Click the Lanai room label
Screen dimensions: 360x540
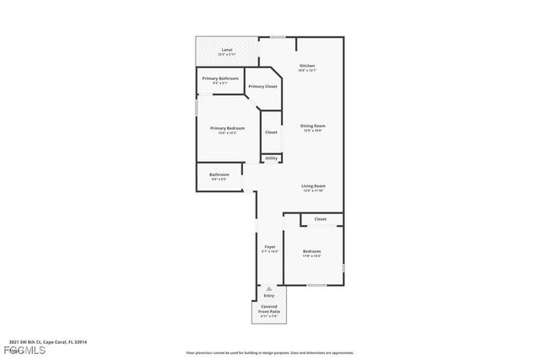click(x=226, y=51)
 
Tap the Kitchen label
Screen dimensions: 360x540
click(x=307, y=66)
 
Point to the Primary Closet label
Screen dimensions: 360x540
click(x=262, y=86)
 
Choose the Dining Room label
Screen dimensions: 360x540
click(x=312, y=126)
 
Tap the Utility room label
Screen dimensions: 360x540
click(x=271, y=158)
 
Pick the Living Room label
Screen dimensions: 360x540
click(x=314, y=185)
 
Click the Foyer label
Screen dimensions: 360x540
click(x=269, y=247)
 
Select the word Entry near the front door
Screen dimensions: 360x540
click(x=269, y=296)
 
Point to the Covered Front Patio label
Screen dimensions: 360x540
click(x=270, y=309)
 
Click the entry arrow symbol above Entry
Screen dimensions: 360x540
click(x=269, y=288)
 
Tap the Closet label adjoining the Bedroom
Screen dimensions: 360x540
click(x=321, y=219)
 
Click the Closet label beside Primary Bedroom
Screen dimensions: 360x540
click(x=271, y=132)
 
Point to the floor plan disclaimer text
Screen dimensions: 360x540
click(x=269, y=352)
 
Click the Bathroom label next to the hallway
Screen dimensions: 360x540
click(x=219, y=175)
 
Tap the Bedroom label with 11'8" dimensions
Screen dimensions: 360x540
click(x=312, y=251)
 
